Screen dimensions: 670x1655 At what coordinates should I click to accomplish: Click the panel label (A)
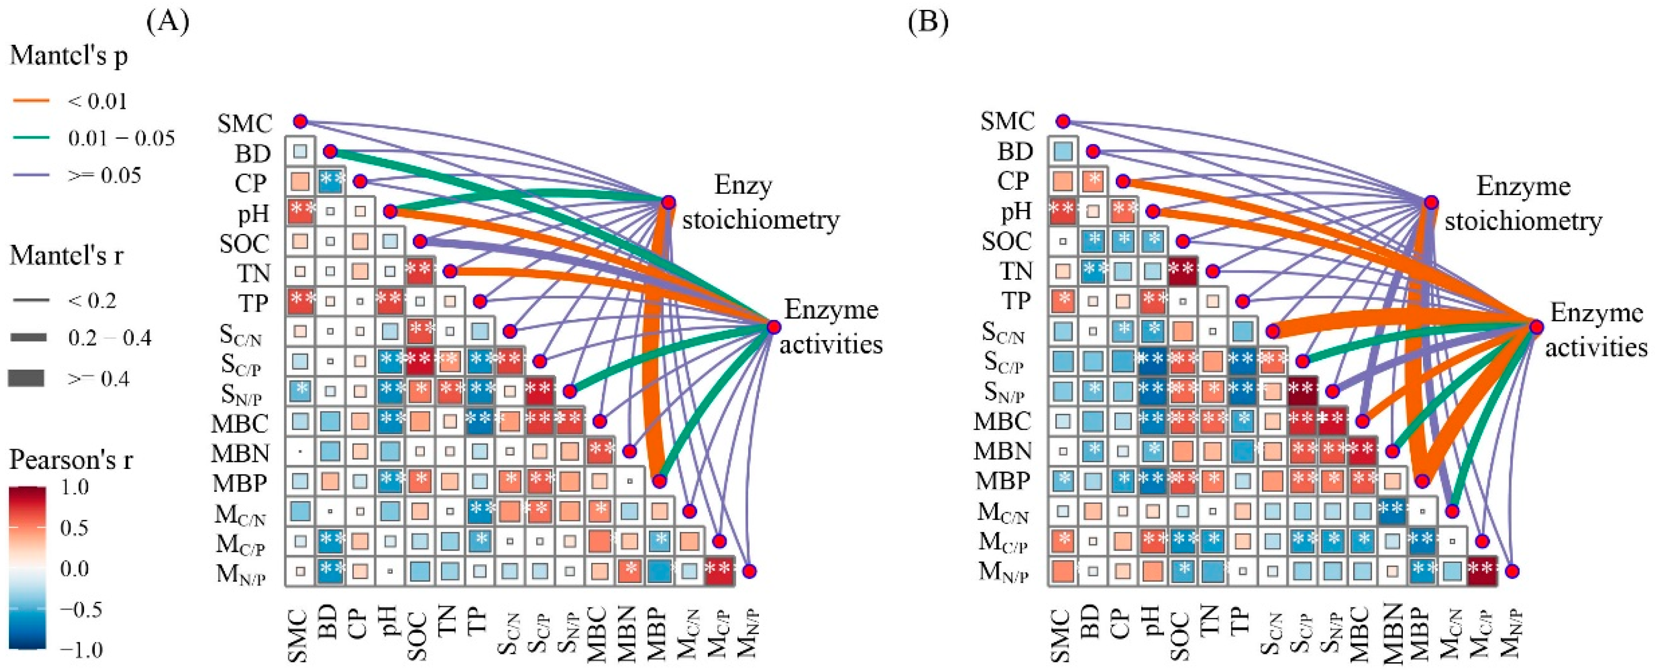click(x=168, y=23)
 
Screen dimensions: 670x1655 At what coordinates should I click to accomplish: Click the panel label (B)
click(x=928, y=23)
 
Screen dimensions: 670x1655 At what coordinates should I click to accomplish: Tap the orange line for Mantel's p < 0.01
click(x=31, y=101)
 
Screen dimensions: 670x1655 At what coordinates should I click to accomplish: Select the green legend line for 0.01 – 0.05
click(x=31, y=138)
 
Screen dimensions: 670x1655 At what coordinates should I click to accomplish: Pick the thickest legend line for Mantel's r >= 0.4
click(x=27, y=379)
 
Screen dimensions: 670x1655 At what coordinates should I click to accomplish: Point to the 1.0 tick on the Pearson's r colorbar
click(x=75, y=487)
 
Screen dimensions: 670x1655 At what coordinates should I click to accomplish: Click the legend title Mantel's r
click(x=66, y=256)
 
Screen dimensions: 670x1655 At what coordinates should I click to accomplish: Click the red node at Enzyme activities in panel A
click(x=774, y=327)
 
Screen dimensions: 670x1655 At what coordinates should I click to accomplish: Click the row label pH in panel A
click(x=253, y=213)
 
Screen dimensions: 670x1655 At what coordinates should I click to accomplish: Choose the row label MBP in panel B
click(x=1003, y=480)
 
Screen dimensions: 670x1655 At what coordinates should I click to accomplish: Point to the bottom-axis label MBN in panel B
click(x=1392, y=633)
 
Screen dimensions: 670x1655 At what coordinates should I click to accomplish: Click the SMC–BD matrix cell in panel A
click(x=300, y=151)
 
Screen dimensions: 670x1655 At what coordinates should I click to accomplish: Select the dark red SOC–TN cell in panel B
click(x=1183, y=271)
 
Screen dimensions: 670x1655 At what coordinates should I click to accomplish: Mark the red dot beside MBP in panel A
click(x=659, y=480)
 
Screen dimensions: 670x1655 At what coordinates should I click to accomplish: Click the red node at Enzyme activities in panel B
click(x=1536, y=327)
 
